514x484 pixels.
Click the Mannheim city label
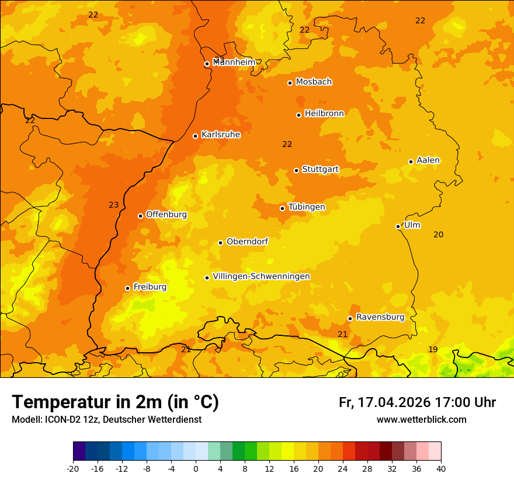click(234, 62)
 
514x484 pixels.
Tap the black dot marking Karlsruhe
click(196, 136)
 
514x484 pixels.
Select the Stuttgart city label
click(320, 169)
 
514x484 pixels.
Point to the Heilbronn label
click(324, 113)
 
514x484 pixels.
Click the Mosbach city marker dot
click(290, 83)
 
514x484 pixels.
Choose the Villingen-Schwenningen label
click(261, 276)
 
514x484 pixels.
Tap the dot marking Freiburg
click(127, 288)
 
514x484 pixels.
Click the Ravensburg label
click(380, 317)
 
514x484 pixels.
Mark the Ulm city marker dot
click(398, 226)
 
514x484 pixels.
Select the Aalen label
click(428, 160)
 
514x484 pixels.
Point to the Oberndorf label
click(248, 241)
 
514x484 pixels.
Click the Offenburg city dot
click(140, 216)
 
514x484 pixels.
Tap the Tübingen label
click(307, 206)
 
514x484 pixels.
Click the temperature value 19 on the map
click(433, 349)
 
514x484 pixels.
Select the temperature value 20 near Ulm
click(438, 234)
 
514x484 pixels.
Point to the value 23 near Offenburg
click(113, 205)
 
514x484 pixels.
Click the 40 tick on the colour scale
click(441, 468)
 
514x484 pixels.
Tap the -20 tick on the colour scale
click(73, 468)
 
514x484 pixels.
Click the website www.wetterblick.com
click(421, 419)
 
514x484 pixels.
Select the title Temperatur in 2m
click(115, 402)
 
